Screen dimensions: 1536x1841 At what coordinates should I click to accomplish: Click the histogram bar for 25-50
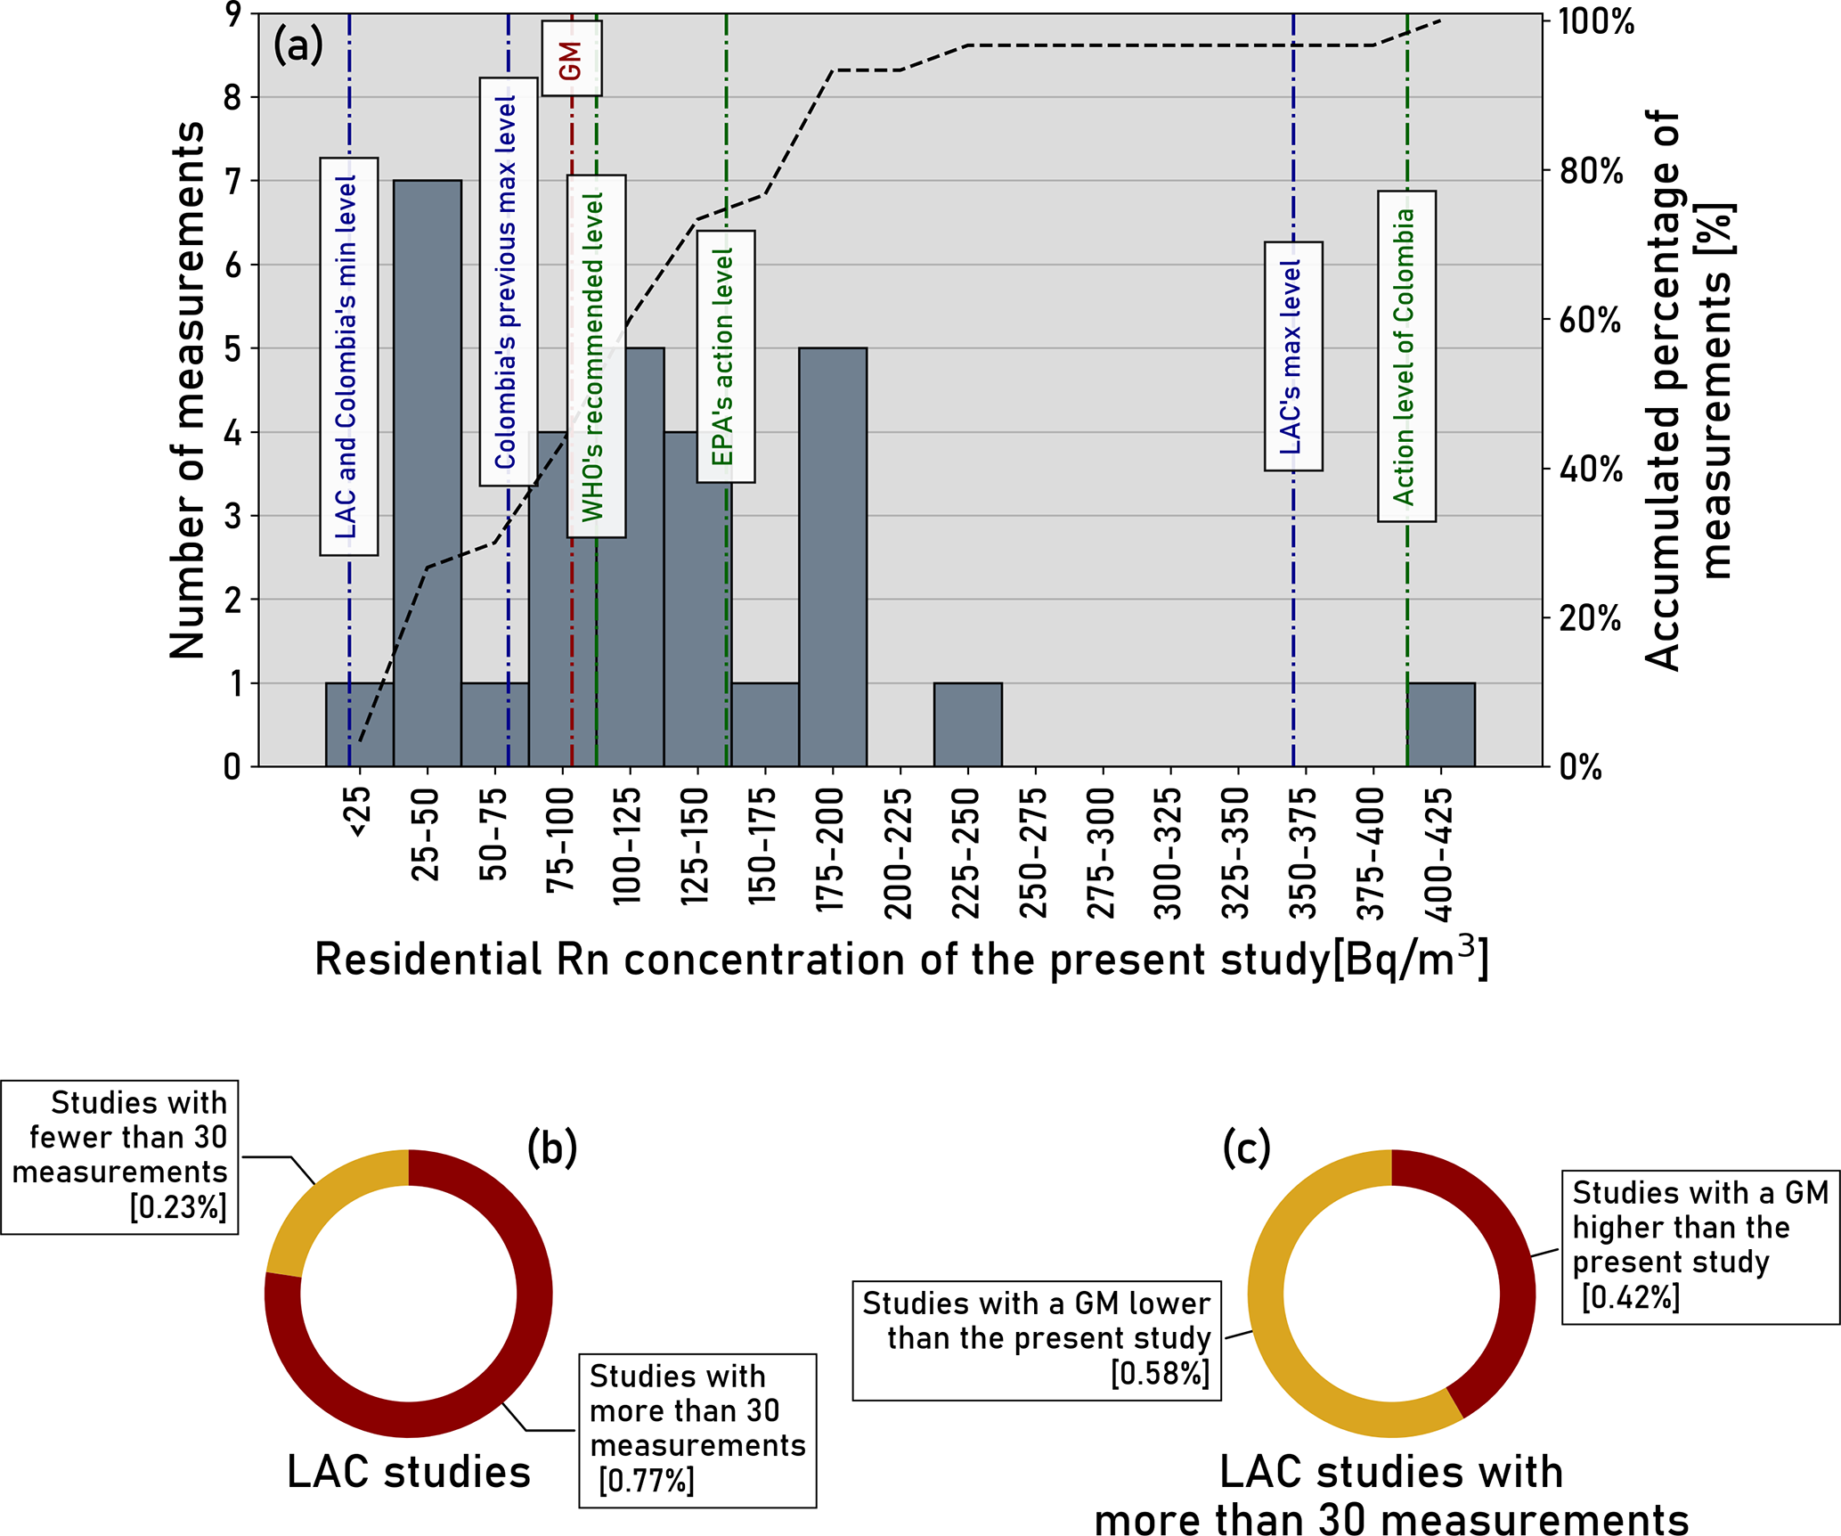point(428,472)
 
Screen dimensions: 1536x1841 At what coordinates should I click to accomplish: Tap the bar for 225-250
point(968,724)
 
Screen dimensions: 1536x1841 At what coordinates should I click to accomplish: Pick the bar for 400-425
point(1441,724)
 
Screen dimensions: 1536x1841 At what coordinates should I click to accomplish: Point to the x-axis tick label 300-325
point(1168,854)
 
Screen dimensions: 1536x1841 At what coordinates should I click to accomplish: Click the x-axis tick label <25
point(359,812)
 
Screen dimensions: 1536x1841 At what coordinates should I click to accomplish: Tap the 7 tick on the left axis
point(232,182)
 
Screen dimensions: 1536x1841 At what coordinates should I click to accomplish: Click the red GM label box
point(572,59)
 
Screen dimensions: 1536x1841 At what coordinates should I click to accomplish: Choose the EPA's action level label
point(726,356)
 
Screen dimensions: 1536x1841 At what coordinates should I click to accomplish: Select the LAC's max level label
point(1293,356)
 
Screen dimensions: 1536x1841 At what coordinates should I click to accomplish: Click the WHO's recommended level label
point(596,356)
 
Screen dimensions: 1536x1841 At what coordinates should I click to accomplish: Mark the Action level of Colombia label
point(1406,356)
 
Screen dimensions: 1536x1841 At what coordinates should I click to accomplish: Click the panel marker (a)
point(297,45)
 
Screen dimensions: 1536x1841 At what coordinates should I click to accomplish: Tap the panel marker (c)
point(1246,1148)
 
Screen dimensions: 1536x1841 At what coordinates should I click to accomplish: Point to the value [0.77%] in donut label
point(647,1481)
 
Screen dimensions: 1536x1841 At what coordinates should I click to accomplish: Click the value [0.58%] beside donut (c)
point(1160,1374)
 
